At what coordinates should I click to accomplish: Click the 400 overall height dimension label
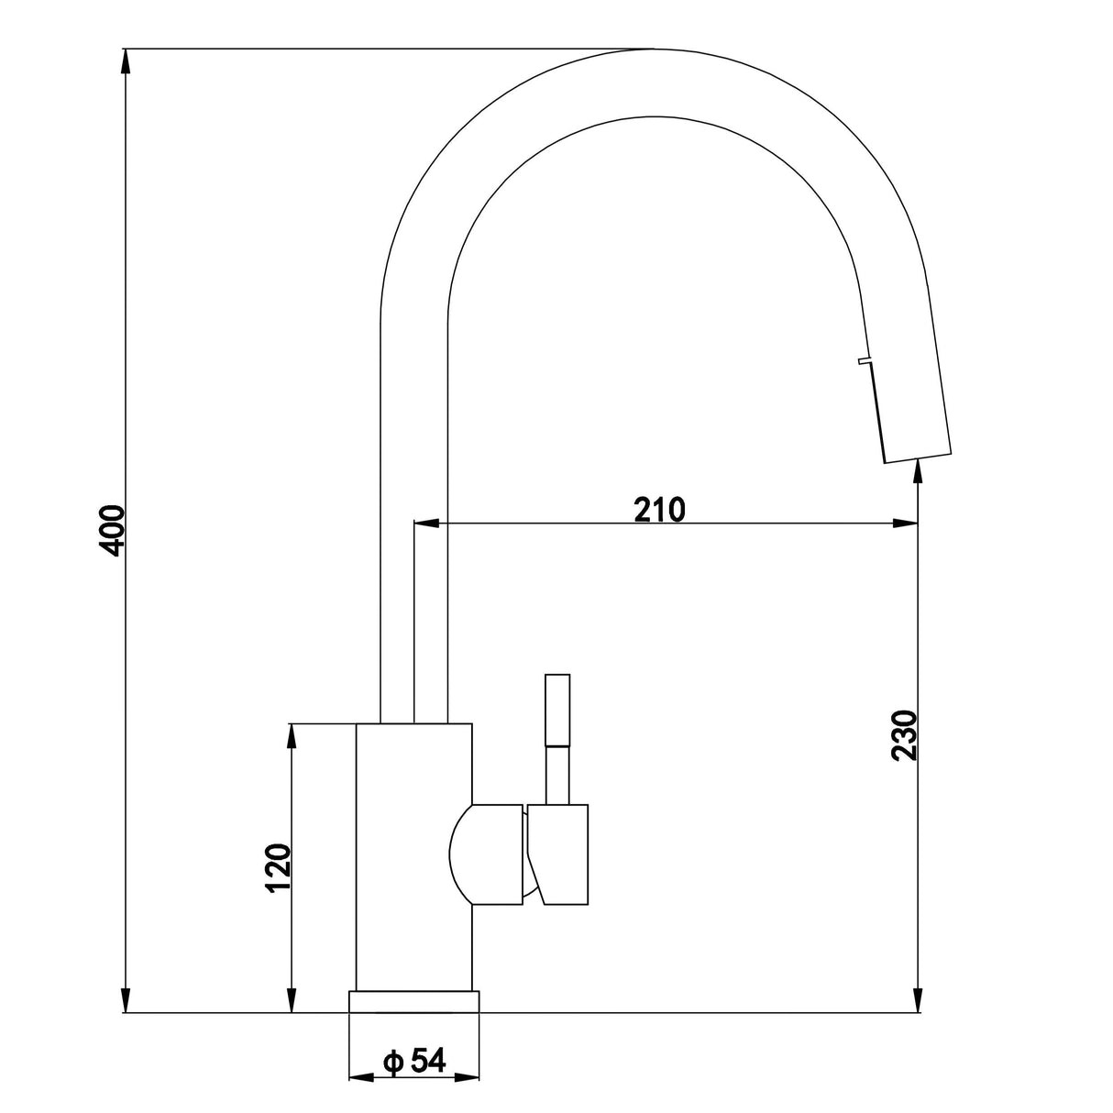pos(112,529)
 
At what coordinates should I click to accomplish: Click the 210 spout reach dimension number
pos(660,508)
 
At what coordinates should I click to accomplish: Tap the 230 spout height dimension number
pos(904,735)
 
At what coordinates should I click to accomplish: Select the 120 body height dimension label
pos(278,866)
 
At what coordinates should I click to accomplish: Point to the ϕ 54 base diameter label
pos(414,1061)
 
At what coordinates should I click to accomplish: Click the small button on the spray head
pos(863,362)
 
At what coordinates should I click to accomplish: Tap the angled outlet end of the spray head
pos(918,455)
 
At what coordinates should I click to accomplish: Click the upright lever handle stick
pos(557,733)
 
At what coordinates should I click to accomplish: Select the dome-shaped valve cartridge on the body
pos(486,853)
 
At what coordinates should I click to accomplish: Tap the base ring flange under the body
pos(414,1001)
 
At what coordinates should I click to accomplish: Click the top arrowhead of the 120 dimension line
pos(292,734)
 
